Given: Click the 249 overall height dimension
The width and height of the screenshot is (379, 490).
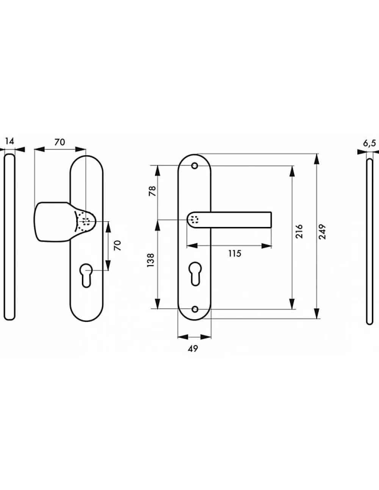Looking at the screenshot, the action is pyautogui.click(x=323, y=232).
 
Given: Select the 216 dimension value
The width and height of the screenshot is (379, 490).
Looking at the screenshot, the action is pyautogui.click(x=299, y=231).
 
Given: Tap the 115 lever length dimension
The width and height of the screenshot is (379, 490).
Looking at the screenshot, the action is pyautogui.click(x=235, y=254).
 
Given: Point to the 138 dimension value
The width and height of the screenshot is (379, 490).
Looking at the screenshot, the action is pyautogui.click(x=150, y=260).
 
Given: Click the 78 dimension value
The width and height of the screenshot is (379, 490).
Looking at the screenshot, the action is pyautogui.click(x=152, y=191).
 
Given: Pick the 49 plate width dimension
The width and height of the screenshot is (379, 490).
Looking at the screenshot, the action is pyautogui.click(x=193, y=348).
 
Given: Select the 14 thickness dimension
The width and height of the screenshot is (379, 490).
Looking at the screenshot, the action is pyautogui.click(x=9, y=142).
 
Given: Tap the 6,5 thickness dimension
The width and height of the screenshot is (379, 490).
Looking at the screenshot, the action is pyautogui.click(x=369, y=143).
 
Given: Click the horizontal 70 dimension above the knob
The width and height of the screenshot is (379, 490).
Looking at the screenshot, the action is pyautogui.click(x=60, y=142).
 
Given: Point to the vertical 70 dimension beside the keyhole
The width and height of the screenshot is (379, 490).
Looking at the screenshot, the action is pyautogui.click(x=117, y=245).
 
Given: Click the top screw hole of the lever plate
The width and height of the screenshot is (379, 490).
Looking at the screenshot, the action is pyautogui.click(x=195, y=166).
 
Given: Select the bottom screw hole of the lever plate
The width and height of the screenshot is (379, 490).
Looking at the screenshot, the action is pyautogui.click(x=195, y=309).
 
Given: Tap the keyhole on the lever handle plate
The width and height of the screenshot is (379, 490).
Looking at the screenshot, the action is pyautogui.click(x=195, y=274).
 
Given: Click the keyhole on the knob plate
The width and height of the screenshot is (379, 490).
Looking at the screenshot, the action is pyautogui.click(x=86, y=275).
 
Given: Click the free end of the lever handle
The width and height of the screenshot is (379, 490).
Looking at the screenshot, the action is pyautogui.click(x=271, y=220).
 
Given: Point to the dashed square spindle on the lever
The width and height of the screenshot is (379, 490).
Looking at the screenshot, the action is pyautogui.click(x=195, y=219).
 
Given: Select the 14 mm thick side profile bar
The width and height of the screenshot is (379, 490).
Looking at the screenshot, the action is pyautogui.click(x=9, y=237).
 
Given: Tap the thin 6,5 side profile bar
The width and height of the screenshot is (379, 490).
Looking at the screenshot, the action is pyautogui.click(x=370, y=241).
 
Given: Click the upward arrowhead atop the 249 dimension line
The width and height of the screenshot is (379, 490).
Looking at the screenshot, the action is pyautogui.click(x=317, y=159).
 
